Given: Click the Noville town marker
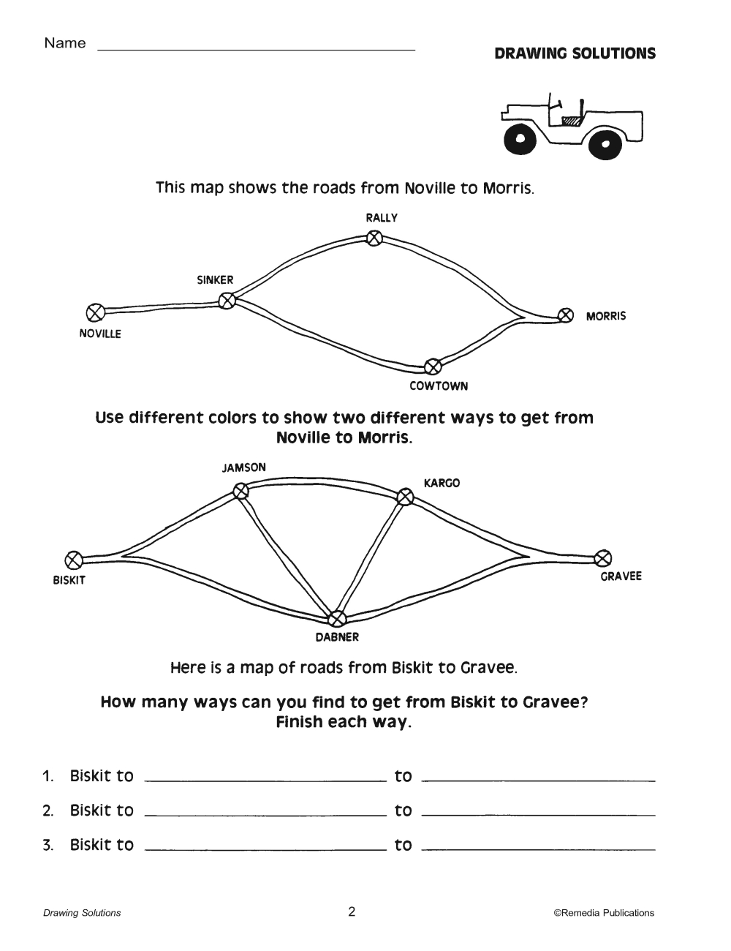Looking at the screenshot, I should pyautogui.click(x=94, y=313).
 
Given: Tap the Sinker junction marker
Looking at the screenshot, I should pyautogui.click(x=227, y=300).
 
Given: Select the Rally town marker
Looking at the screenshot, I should pyautogui.click(x=374, y=238).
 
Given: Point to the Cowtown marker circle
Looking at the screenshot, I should pyautogui.click(x=432, y=365).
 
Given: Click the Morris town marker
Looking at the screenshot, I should pyautogui.click(x=565, y=315).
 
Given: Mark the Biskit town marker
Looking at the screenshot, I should pyautogui.click(x=73, y=560).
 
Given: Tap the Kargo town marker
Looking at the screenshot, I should pyautogui.click(x=405, y=497).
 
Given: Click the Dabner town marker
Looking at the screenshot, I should pyautogui.click(x=336, y=619).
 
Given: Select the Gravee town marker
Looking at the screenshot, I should pyautogui.click(x=603, y=558).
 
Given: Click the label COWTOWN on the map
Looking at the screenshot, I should pyautogui.click(x=439, y=386).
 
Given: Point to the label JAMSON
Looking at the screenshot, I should pyautogui.click(x=244, y=467).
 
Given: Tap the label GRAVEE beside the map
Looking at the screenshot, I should pyautogui.click(x=621, y=576).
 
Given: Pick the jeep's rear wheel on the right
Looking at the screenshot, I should pyautogui.click(x=606, y=143).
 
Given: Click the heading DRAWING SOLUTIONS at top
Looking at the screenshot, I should pyautogui.click(x=575, y=53).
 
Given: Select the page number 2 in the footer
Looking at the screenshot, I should pyautogui.click(x=352, y=911).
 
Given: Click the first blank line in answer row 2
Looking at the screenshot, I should pyautogui.click(x=265, y=813).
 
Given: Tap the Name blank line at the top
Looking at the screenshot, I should pyautogui.click(x=256, y=48).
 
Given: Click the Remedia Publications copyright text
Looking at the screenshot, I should pyautogui.click(x=604, y=912).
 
